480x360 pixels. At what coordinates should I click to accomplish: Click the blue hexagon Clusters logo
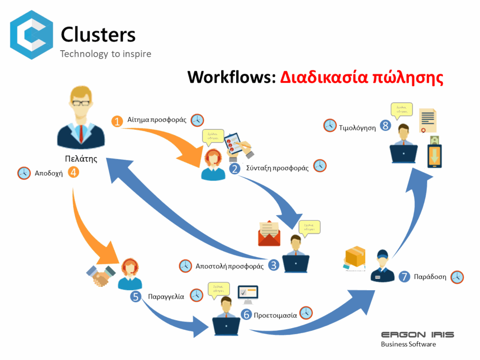pos(31,35)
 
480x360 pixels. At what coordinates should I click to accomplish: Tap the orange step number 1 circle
pos(117,121)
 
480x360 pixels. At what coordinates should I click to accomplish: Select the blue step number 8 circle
pos(385,126)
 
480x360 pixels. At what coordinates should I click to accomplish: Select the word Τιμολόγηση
pos(358,127)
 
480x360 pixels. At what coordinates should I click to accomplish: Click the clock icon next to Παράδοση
pos(457,277)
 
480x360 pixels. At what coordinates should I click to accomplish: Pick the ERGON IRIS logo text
pos(417,335)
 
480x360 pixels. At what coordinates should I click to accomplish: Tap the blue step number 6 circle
pos(246,315)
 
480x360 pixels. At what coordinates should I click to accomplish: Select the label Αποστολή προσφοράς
pos(229,266)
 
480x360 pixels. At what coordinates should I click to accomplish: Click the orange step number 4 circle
pos(73,172)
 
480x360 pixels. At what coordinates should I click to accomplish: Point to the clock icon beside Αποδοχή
pos(24,173)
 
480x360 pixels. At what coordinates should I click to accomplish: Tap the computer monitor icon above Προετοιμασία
pos(247,294)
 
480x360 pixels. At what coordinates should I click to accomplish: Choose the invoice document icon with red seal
pos(427,121)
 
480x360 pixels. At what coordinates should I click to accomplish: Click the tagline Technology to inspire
pos(105,54)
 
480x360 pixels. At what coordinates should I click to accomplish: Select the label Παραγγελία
pos(166,296)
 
